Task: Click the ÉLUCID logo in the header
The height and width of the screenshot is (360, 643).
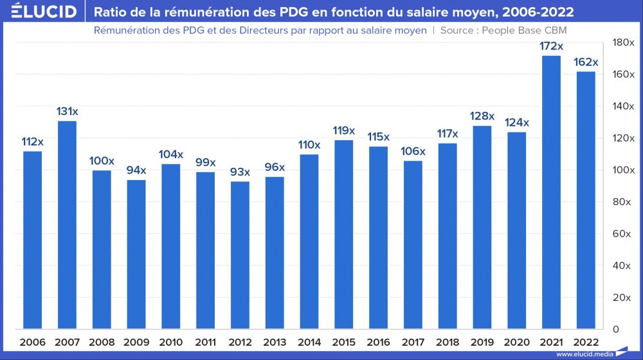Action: click(39, 12)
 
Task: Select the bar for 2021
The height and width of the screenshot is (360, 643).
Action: click(551, 193)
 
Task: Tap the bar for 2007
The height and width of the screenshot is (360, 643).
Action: click(68, 225)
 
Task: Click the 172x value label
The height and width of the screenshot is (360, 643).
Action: click(551, 47)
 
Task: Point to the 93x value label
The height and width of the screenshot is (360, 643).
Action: click(240, 172)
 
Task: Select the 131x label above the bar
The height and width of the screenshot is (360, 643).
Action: click(68, 112)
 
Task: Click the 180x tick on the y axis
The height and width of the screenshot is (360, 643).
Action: click(622, 42)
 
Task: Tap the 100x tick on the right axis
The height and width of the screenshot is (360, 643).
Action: click(622, 170)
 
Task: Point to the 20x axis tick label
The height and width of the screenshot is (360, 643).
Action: click(622, 298)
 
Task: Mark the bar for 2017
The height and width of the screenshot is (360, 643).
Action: click(413, 245)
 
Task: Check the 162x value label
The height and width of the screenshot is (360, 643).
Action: click(586, 62)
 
